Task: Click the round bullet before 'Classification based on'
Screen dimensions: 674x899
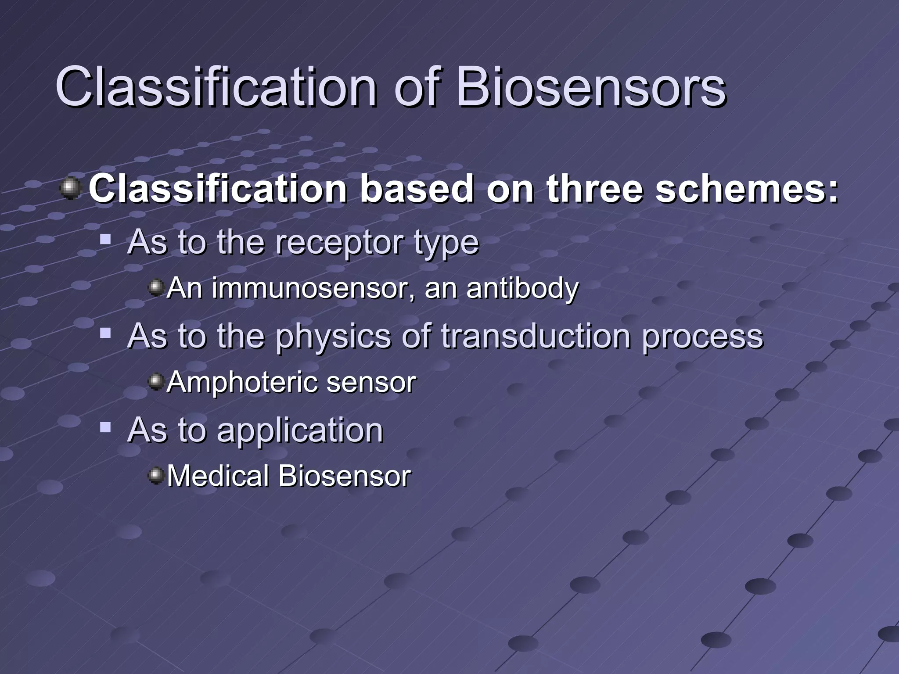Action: point(70,189)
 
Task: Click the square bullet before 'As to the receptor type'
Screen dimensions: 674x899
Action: point(105,240)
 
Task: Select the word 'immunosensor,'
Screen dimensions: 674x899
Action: point(313,288)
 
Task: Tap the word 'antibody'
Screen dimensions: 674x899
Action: point(522,288)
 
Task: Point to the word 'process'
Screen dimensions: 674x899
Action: point(702,337)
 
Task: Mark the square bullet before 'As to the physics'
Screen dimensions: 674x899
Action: point(105,334)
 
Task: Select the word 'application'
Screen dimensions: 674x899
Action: point(300,431)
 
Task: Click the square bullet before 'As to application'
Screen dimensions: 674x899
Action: point(105,427)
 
